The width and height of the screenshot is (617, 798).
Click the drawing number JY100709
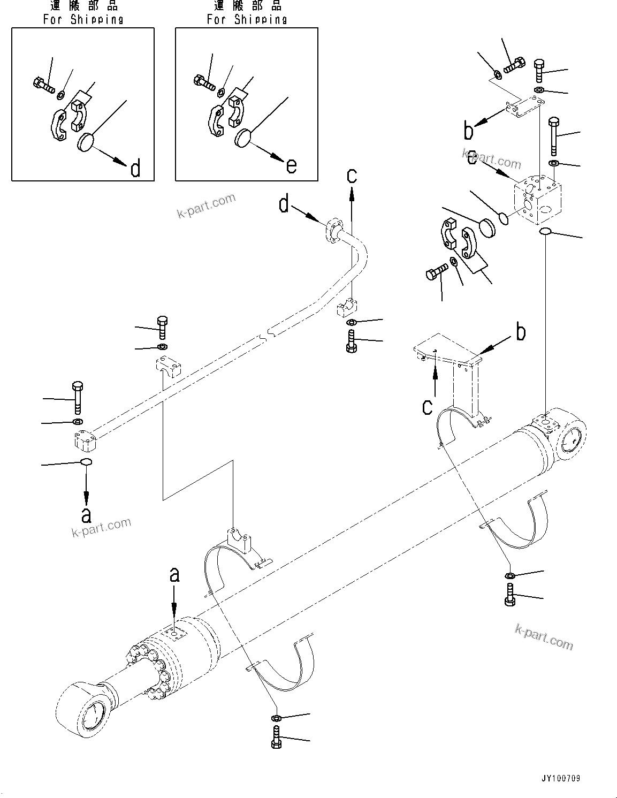point(560,778)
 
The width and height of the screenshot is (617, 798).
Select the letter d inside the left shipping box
point(135,169)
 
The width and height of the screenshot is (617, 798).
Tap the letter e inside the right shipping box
point(291,165)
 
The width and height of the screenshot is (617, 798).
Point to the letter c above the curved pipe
point(352,176)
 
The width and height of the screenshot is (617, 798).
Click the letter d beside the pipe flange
point(284,204)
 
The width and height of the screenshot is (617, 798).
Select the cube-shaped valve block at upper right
point(538,202)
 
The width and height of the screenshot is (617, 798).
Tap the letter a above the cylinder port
point(174,575)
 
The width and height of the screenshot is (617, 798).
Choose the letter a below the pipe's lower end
point(86,515)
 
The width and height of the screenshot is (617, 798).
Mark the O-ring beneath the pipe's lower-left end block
point(86,462)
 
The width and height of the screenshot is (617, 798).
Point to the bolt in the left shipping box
point(43,84)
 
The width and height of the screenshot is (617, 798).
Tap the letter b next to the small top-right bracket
point(469,130)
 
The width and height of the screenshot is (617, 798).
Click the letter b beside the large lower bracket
point(520,332)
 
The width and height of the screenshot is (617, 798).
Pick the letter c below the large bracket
point(427,407)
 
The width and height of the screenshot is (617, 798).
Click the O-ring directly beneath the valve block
point(545,231)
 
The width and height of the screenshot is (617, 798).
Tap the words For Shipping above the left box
point(83,20)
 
